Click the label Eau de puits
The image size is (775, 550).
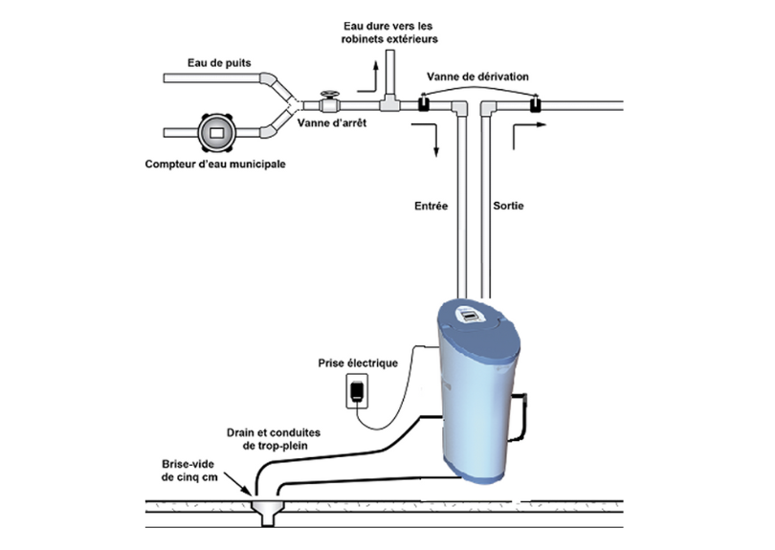[x=219, y=63]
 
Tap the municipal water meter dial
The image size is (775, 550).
[x=216, y=132]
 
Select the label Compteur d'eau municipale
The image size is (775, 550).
[x=215, y=164]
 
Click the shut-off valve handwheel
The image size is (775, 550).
[x=329, y=94]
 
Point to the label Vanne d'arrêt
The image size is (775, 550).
[x=332, y=122]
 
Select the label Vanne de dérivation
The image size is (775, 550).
[x=477, y=77]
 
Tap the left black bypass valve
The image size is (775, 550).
[x=424, y=103]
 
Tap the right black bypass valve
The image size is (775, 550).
[x=535, y=104]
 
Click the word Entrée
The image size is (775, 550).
[x=431, y=206]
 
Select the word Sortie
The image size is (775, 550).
[x=508, y=206]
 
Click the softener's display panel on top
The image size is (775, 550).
[x=471, y=317]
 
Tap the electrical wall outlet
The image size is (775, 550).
[x=357, y=391]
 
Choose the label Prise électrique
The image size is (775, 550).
[x=358, y=363]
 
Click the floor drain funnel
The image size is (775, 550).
[x=267, y=513]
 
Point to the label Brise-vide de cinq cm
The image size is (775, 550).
[x=189, y=471]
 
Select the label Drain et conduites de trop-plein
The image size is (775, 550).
[x=274, y=439]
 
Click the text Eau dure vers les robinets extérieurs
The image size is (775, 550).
[x=389, y=33]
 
